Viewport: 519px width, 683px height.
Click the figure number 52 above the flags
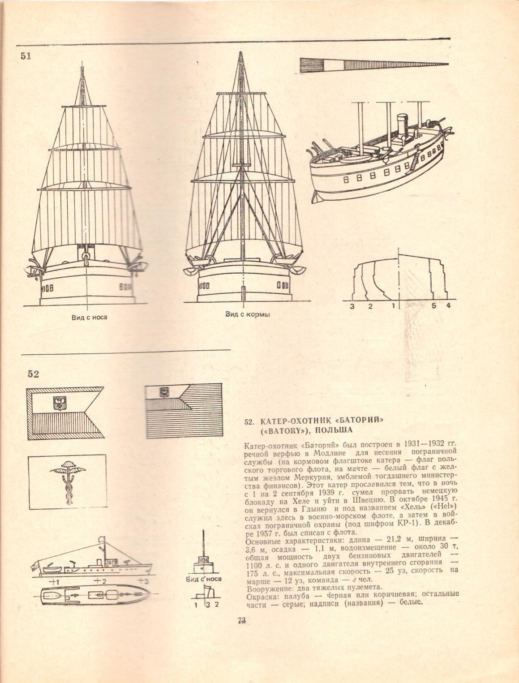click(33, 374)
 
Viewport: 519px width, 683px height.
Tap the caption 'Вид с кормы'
click(248, 314)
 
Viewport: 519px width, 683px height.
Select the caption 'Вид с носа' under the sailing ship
click(89, 317)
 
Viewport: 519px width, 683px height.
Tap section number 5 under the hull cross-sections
click(433, 306)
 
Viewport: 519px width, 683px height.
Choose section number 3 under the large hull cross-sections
click(352, 306)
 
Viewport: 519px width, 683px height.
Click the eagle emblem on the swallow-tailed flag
click(58, 403)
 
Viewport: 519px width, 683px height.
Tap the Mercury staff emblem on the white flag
click(67, 480)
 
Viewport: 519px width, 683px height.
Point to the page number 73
click(242, 620)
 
